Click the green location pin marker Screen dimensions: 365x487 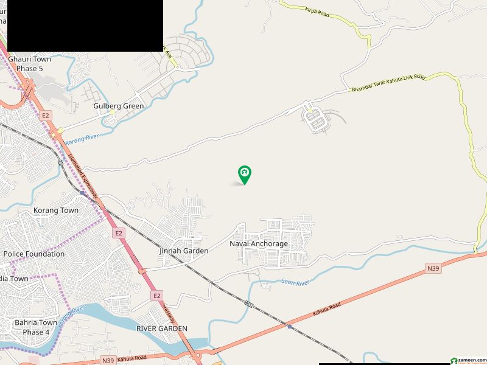[x=245, y=175]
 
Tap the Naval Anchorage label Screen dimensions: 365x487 [x=259, y=243]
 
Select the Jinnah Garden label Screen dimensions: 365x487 [x=184, y=251]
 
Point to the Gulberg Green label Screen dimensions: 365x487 [x=119, y=106]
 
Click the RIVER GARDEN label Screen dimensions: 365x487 [x=162, y=328]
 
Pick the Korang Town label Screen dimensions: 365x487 [x=56, y=210]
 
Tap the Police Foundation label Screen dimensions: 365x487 [x=34, y=254]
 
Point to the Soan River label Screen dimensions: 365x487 [x=296, y=282]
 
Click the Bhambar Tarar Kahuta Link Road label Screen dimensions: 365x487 [x=387, y=84]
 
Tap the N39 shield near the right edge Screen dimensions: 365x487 [x=433, y=268]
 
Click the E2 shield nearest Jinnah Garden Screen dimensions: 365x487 [x=118, y=232]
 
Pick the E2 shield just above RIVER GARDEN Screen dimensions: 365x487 [x=157, y=296]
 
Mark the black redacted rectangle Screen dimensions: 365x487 [x=82, y=24]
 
